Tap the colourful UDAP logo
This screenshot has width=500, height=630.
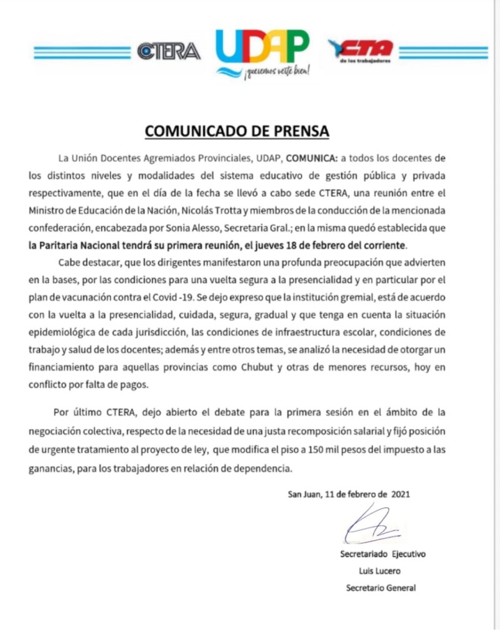pyautogui.click(x=262, y=48)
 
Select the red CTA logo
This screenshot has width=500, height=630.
pyautogui.click(x=361, y=49)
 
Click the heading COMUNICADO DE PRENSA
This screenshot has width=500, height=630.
pyautogui.click(x=237, y=131)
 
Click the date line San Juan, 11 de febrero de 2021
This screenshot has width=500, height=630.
pyautogui.click(x=348, y=494)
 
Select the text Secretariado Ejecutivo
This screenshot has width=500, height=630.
pyautogui.click(x=382, y=554)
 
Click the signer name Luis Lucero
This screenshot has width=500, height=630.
pyautogui.click(x=381, y=571)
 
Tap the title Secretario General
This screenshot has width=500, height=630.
pyautogui.click(x=381, y=588)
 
